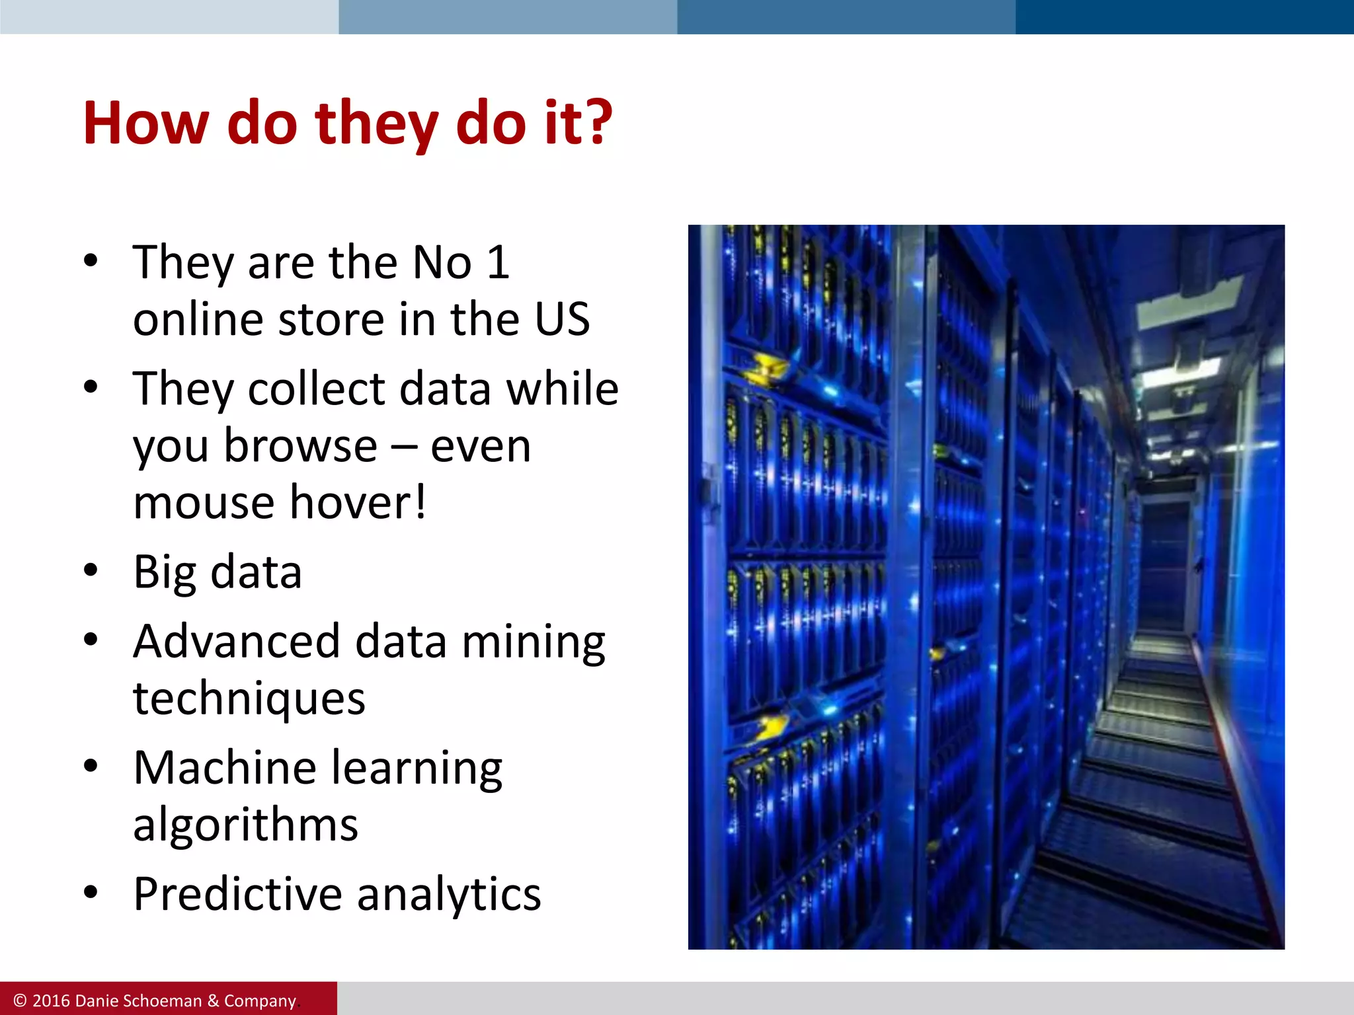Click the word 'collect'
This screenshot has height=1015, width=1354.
[x=316, y=389]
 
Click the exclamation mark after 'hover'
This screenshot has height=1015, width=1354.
[x=420, y=502]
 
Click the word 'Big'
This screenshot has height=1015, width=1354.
[x=165, y=572]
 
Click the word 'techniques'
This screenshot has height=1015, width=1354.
[x=249, y=699]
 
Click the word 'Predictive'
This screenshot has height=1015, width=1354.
[x=237, y=894]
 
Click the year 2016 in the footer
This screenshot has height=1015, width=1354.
[x=51, y=1001]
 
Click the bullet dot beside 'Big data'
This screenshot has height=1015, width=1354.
[x=91, y=570]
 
